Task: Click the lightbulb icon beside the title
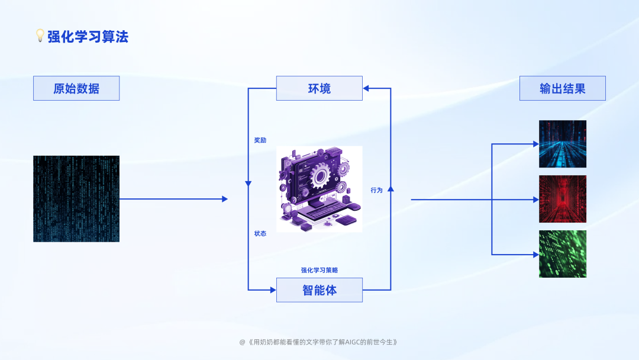tap(40, 36)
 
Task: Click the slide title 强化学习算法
tap(88, 37)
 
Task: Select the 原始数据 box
tap(76, 88)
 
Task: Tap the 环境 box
tap(319, 88)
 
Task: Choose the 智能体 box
tap(319, 290)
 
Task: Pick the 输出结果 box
tap(563, 88)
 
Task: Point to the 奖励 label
tap(260, 140)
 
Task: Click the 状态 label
tap(260, 233)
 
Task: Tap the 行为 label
tap(377, 190)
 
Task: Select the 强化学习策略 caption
tap(319, 270)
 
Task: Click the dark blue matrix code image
tap(76, 199)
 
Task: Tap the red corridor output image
tap(563, 199)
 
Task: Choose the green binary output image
tap(563, 254)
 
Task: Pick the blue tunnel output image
tap(563, 144)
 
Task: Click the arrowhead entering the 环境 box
tap(366, 88)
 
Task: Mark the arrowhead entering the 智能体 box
tap(273, 290)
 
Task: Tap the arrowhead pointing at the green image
tap(535, 255)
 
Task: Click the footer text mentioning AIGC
tap(319, 342)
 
